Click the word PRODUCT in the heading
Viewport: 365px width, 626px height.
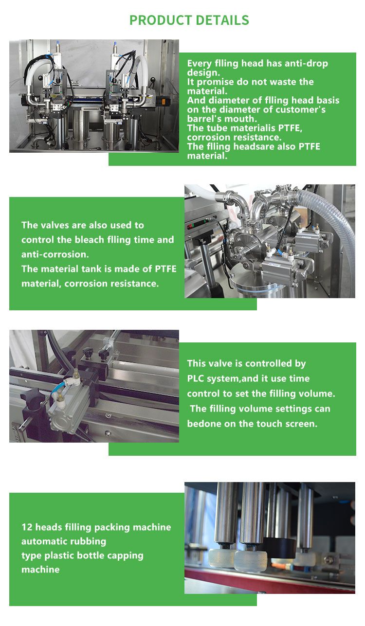point(160,20)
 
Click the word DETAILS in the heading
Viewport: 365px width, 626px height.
point(222,20)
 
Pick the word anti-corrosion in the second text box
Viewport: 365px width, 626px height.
point(55,254)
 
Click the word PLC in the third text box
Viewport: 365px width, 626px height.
point(196,378)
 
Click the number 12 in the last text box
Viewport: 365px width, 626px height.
point(27,527)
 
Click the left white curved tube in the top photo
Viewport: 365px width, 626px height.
point(36,75)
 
